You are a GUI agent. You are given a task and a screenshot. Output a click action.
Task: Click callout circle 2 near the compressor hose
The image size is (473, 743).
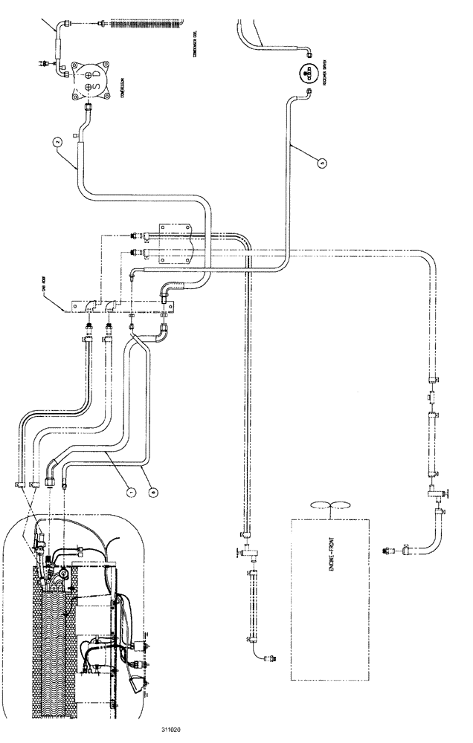55,139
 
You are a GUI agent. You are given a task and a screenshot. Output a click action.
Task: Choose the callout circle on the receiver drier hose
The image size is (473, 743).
322,161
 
